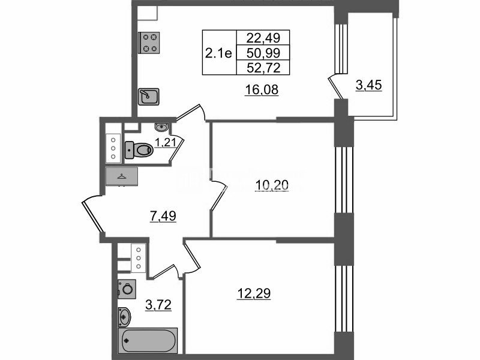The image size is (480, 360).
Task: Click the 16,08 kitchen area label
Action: [262, 90]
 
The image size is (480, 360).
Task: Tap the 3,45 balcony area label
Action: [368, 85]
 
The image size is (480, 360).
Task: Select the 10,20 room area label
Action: [272, 185]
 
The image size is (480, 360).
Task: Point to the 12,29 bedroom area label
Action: [254, 293]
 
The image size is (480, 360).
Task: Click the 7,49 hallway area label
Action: [163, 216]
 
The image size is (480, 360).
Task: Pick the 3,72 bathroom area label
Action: [158, 305]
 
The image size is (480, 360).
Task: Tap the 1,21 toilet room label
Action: [166, 143]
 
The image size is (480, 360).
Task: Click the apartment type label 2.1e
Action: [218, 53]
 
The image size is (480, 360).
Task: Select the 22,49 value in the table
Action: [263, 38]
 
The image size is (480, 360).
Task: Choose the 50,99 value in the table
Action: [263, 53]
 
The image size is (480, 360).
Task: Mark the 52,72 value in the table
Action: [263, 68]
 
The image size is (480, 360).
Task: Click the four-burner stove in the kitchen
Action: [149, 43]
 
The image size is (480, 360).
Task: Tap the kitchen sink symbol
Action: [148, 97]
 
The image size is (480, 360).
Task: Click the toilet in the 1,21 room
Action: [139, 150]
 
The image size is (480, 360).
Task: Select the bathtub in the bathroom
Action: [148, 340]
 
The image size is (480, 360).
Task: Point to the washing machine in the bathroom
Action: [127, 289]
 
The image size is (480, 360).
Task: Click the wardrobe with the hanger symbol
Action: [122, 176]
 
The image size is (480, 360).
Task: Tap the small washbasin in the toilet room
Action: [161, 127]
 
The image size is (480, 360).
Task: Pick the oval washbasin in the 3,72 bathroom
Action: [125, 317]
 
